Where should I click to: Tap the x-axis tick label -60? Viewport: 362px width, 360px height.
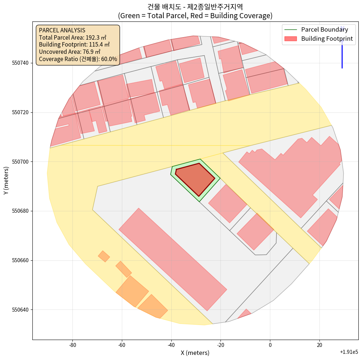tap(122, 345)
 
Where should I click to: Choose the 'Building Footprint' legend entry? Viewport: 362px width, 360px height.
tap(327, 39)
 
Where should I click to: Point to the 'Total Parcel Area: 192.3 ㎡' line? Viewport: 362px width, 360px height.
tap(72, 37)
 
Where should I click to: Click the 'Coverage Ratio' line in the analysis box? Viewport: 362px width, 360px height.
tap(78, 59)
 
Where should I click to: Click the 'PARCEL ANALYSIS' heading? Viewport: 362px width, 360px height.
tap(62, 31)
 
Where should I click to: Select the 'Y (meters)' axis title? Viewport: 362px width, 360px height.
tap(6, 181)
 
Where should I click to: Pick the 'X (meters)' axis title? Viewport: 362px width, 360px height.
tap(195, 353)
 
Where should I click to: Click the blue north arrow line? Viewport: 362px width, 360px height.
tap(342, 51)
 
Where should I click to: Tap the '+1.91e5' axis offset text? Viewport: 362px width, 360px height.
tap(349, 352)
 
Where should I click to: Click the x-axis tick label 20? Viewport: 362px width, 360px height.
tap(319, 345)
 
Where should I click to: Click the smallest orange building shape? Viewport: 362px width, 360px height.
tap(104, 256)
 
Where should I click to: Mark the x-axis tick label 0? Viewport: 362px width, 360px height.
tap(270, 345)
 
